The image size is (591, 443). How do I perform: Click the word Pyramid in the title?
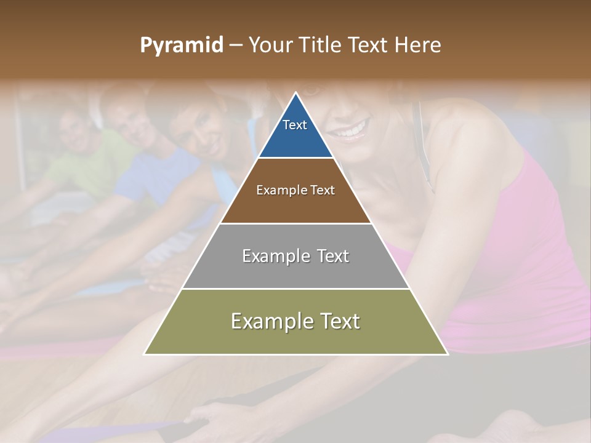coord(181,46)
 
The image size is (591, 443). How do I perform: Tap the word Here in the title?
coord(417,46)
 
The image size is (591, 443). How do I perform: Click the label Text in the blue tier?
coord(295,125)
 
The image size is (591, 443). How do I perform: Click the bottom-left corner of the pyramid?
coord(145,354)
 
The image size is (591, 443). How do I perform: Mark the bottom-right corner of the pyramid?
coord(447,354)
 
